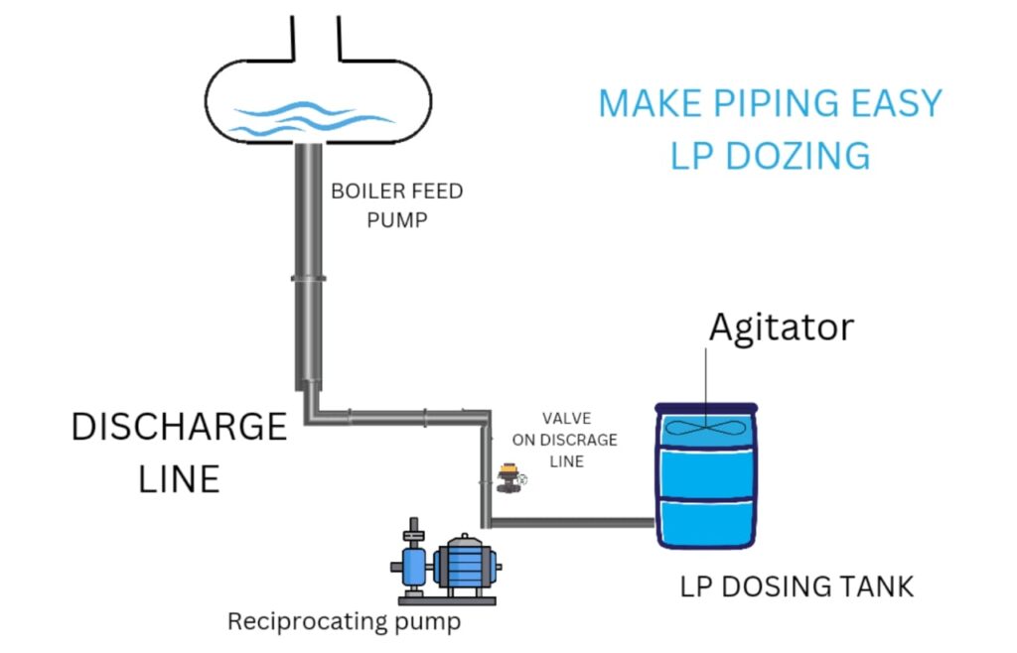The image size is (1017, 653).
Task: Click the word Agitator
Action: (x=781, y=327)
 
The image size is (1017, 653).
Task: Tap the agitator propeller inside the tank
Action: (x=706, y=430)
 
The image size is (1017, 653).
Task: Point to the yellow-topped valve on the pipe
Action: (x=509, y=475)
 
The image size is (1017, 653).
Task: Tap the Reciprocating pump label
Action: (x=345, y=622)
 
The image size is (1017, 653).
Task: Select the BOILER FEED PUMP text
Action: (x=396, y=205)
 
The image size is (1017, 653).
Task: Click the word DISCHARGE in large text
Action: (x=179, y=427)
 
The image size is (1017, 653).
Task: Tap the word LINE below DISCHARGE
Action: (x=178, y=478)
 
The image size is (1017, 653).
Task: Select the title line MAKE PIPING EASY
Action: (x=770, y=104)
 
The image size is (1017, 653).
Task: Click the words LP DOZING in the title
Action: (x=770, y=156)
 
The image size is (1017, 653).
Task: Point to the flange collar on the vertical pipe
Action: (x=308, y=279)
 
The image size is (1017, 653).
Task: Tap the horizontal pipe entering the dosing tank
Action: (x=576, y=521)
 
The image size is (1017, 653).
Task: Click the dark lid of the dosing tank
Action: (x=706, y=407)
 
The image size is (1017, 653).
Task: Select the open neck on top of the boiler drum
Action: (x=315, y=40)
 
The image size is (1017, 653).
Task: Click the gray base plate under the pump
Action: (x=446, y=599)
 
